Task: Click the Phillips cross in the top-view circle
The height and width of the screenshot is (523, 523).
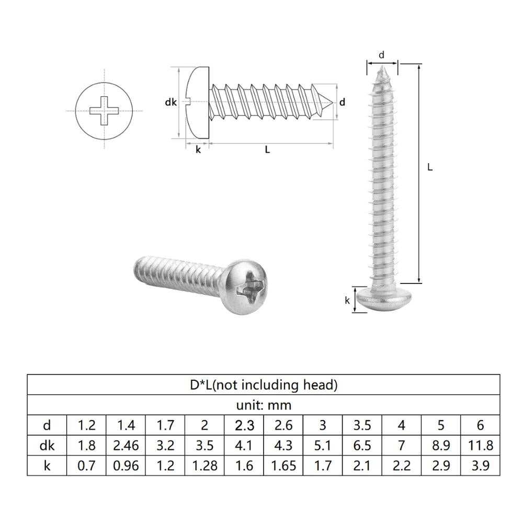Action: click(x=105, y=111)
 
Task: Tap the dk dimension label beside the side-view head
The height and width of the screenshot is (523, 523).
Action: click(x=170, y=103)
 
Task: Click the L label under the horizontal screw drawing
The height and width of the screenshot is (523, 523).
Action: click(x=267, y=150)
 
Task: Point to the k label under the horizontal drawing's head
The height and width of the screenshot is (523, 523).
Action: click(x=198, y=150)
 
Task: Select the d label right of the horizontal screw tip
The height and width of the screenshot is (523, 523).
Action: click(x=343, y=103)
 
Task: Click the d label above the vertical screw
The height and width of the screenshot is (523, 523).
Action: click(x=382, y=54)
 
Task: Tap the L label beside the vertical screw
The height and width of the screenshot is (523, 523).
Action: click(x=430, y=167)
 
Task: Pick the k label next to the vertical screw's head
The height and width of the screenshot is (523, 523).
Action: click(x=347, y=300)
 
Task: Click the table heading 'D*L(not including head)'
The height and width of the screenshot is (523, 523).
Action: click(x=264, y=385)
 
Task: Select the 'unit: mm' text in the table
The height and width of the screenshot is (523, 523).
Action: click(x=264, y=405)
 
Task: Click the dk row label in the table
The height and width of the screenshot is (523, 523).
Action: click(x=47, y=445)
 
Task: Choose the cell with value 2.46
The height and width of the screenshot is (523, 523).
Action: click(x=126, y=445)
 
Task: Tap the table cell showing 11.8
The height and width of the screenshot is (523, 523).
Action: click(x=480, y=445)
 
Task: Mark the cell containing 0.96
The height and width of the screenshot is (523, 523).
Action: click(x=126, y=465)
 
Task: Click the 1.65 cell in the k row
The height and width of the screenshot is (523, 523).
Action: click(x=283, y=465)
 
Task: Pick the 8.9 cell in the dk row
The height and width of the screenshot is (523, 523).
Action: click(x=441, y=445)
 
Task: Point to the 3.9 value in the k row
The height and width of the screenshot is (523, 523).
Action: click(x=480, y=465)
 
